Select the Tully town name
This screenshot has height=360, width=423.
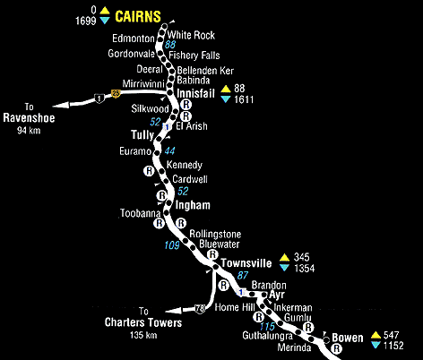point(143,134)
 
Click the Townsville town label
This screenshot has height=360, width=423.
point(246,263)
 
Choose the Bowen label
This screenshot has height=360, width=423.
point(348,338)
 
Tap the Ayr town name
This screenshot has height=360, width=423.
point(277,295)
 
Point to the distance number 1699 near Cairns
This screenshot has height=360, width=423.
point(87,18)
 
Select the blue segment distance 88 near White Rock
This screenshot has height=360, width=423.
point(171,44)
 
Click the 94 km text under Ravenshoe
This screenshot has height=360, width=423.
point(30,131)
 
